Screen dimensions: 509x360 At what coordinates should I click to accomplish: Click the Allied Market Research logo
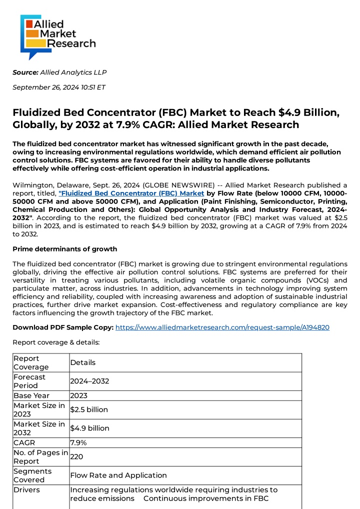point(57,36)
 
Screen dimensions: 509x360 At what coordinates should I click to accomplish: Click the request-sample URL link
point(222,327)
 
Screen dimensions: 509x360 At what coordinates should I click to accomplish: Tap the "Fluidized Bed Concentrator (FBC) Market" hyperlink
point(131,193)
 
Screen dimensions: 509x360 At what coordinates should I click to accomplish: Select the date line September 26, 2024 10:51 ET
point(59,87)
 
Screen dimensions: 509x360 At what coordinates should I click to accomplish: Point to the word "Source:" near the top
point(25,72)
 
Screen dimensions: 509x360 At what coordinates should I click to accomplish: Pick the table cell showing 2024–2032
point(89,381)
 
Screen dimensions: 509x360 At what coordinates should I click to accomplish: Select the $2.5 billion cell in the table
point(89,410)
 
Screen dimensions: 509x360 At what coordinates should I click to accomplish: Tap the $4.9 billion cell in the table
point(90,428)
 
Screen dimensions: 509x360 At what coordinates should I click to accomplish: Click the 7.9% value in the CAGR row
point(78,442)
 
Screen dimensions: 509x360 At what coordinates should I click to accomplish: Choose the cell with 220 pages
point(76,456)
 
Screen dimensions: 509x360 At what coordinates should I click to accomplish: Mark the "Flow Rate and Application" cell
point(118,475)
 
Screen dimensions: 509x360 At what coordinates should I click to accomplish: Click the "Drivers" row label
point(26,490)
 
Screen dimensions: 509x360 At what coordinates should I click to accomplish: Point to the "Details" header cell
point(83,362)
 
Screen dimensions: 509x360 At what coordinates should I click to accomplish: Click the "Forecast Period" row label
point(29,381)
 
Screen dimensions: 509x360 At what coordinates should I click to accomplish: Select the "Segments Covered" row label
point(32,475)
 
